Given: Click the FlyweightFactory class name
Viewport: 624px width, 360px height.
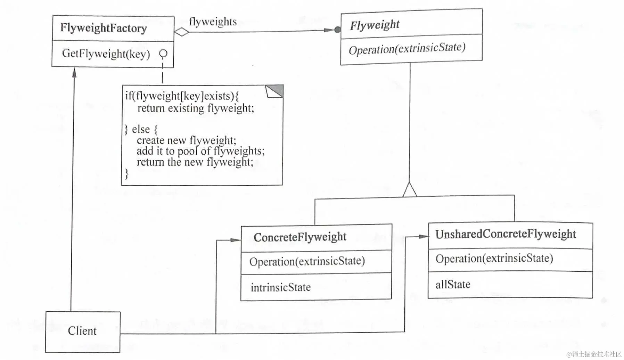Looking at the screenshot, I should pos(104,28).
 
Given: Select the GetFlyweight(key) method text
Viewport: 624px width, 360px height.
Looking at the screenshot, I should pos(106,54).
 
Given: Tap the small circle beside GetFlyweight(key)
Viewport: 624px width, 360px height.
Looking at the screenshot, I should pos(163,54).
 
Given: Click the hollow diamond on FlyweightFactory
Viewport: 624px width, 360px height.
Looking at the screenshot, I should pos(181,32).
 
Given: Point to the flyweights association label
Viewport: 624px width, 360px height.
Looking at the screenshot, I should pos(213,22).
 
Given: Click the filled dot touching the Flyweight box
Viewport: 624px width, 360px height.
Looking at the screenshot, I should pos(337,30).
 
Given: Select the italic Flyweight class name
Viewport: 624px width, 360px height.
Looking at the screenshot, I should pos(375,25).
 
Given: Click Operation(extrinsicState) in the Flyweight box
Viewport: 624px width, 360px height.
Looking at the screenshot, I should pos(407,49).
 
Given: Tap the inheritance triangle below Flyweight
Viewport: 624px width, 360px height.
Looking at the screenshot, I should pos(410,190).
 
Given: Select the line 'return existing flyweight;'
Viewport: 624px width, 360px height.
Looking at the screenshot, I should pos(196,108).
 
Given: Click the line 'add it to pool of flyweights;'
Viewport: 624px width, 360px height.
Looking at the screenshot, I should pos(200,151).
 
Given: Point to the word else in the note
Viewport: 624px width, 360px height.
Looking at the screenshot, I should pos(141,129).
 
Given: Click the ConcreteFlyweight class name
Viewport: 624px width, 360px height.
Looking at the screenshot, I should pos(300,237).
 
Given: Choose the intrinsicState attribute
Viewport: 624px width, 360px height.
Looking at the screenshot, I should pos(280,287).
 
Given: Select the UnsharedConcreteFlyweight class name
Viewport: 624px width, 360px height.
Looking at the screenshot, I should pos(506,234).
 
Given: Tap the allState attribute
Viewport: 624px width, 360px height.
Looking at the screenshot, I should pos(453,285).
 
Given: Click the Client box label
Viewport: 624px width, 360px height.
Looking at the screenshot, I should pos(82,331).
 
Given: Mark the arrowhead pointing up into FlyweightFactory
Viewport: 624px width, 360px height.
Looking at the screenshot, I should pos(74,72).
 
